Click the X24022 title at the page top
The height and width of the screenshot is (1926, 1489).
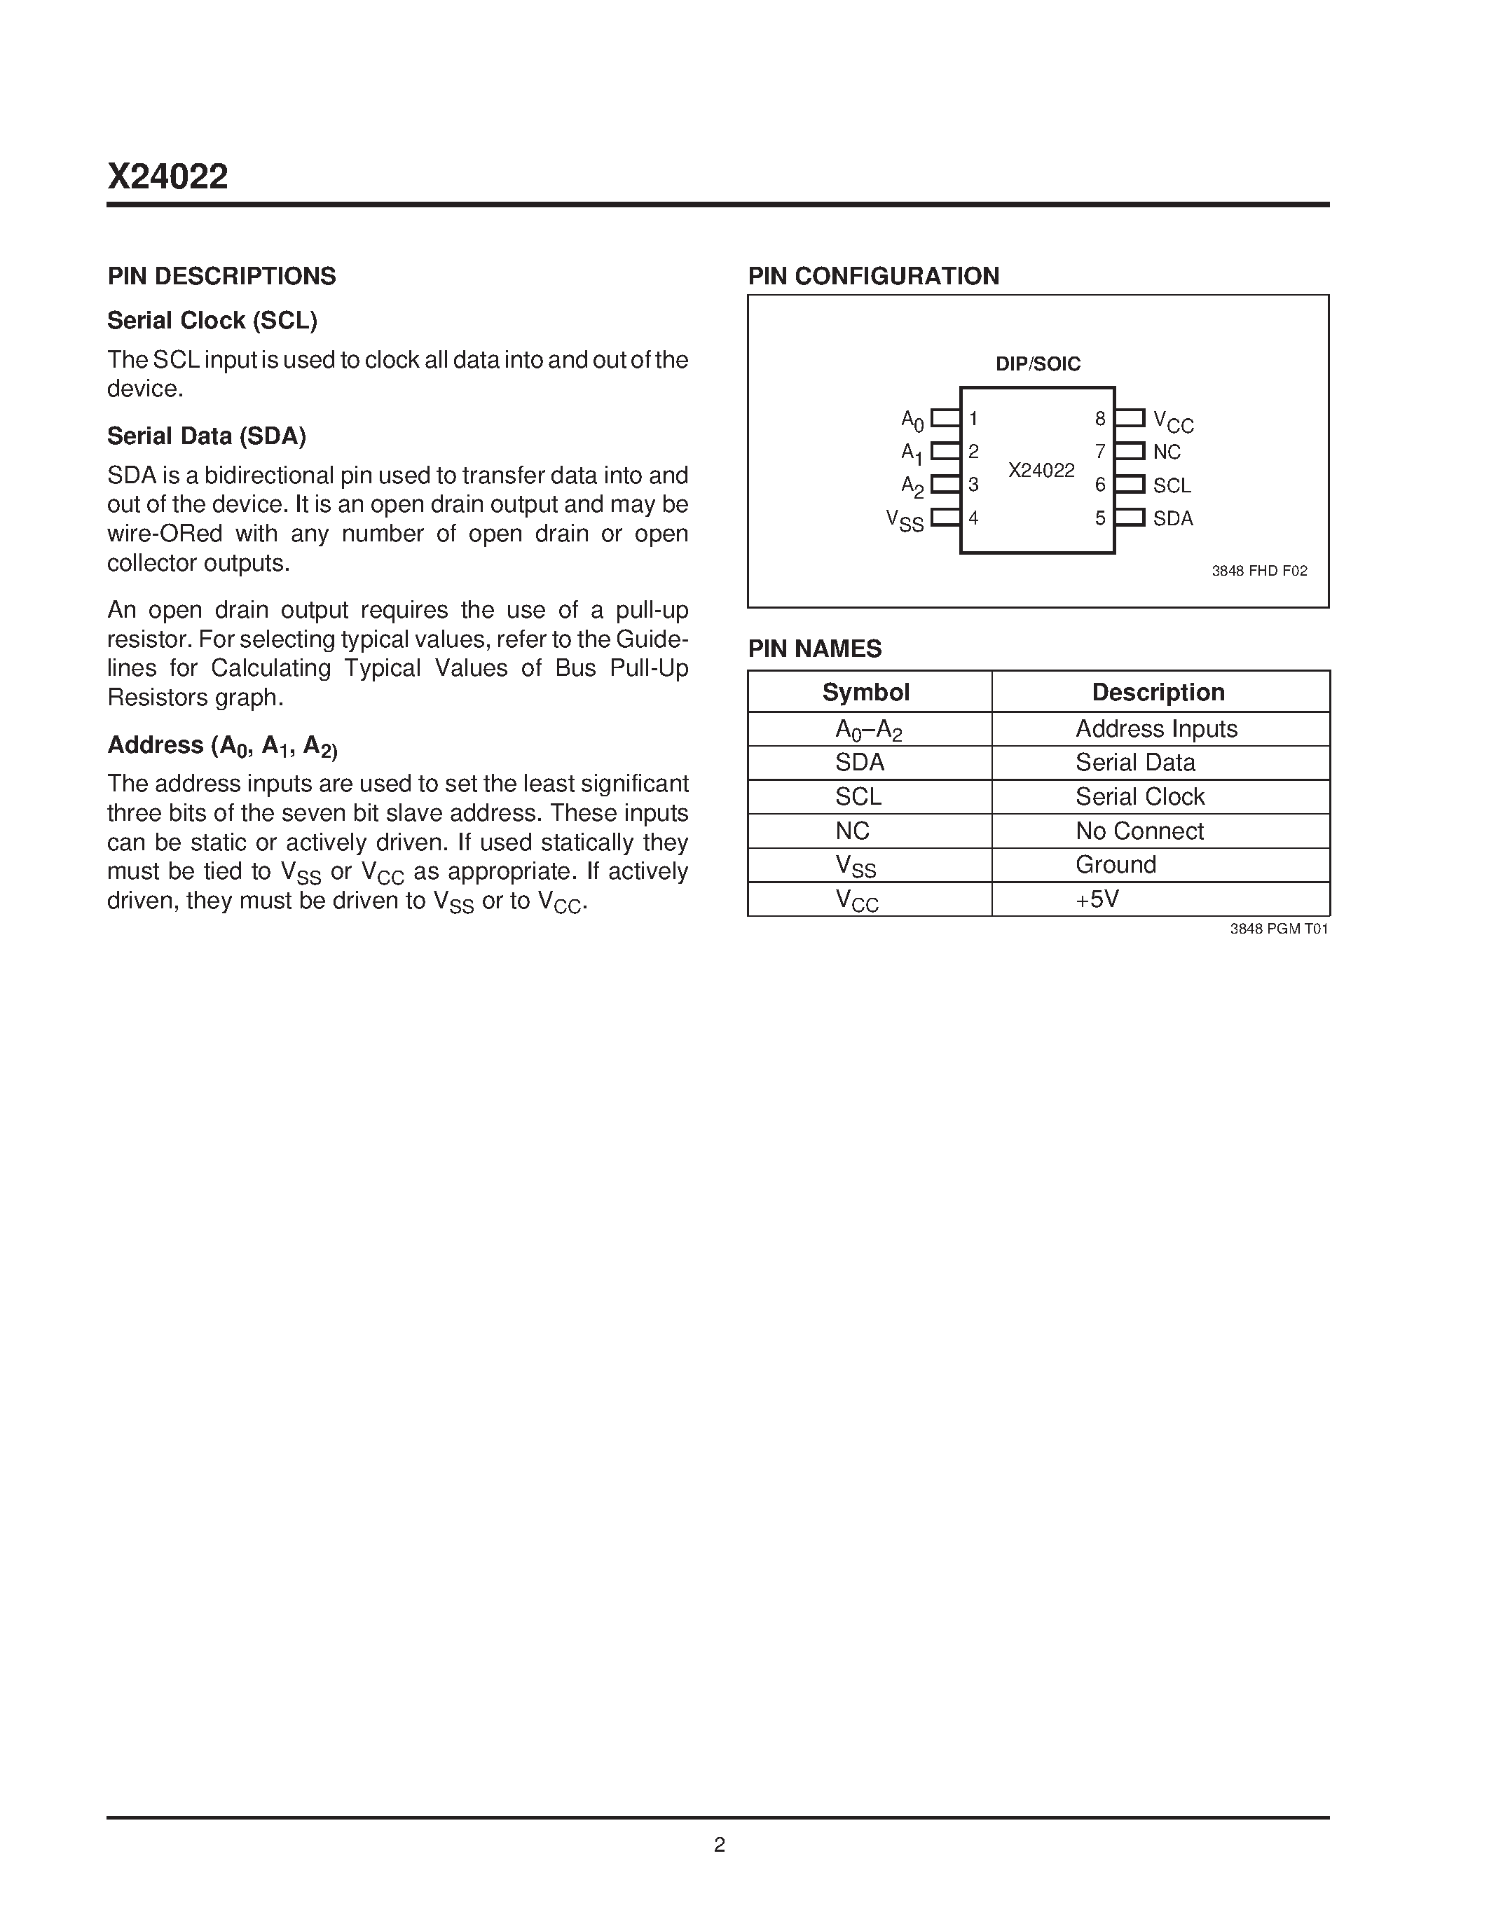coord(167,177)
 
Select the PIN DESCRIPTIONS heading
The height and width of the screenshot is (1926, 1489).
coord(221,276)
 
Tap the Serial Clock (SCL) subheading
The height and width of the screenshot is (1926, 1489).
coord(212,320)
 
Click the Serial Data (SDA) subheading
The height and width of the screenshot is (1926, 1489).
coord(207,436)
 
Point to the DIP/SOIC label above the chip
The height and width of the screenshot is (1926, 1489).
coord(1037,364)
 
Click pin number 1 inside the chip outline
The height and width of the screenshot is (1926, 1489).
coord(974,419)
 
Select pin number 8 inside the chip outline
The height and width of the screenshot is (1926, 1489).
coord(1100,419)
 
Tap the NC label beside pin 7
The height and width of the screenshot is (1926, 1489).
coord(1166,452)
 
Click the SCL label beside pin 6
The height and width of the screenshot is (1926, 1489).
coord(1172,486)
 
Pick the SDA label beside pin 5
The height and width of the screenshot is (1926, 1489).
coord(1172,518)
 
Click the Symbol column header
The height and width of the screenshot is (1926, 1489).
coord(865,692)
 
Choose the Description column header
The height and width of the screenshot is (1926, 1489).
coord(1158,692)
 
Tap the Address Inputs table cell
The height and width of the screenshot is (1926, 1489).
coord(1155,729)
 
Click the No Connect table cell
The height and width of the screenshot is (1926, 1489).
coord(1139,831)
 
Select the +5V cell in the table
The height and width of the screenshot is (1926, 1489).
coord(1097,899)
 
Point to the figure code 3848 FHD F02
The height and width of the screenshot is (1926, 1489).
coord(1258,571)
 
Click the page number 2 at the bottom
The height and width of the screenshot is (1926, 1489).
coord(719,1845)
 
